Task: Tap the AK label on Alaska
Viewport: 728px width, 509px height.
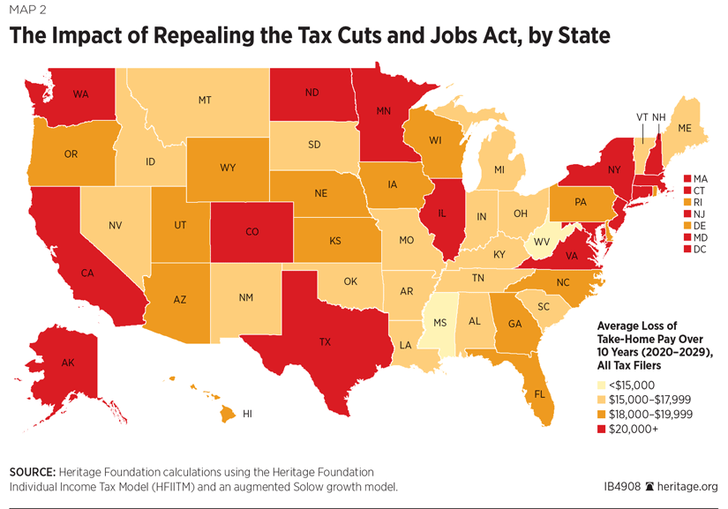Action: pyautogui.click(x=68, y=363)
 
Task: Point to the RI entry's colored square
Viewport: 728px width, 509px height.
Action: pyautogui.click(x=687, y=201)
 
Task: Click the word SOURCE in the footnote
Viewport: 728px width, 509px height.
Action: pyautogui.click(x=33, y=472)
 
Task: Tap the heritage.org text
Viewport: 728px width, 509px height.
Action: pyautogui.click(x=689, y=486)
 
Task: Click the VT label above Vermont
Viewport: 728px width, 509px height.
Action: pyautogui.click(x=642, y=116)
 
